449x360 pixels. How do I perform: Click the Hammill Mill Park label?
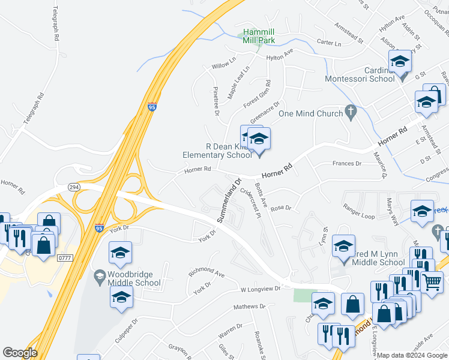[x=259, y=36]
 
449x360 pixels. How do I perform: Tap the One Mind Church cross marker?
[x=351, y=112]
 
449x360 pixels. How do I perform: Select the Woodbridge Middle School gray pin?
[x=100, y=275]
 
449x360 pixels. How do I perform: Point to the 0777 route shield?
[x=65, y=257]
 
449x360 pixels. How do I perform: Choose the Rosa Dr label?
[x=280, y=208]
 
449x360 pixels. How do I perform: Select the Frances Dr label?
[x=347, y=163]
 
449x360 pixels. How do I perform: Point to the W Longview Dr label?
[x=261, y=289]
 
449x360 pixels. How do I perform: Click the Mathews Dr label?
[x=249, y=307]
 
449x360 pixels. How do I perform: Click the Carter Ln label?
[x=328, y=43]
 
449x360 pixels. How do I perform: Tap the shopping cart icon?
[x=432, y=281]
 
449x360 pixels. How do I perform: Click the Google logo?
[x=20, y=353]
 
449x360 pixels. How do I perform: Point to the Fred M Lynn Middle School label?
[x=374, y=262]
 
